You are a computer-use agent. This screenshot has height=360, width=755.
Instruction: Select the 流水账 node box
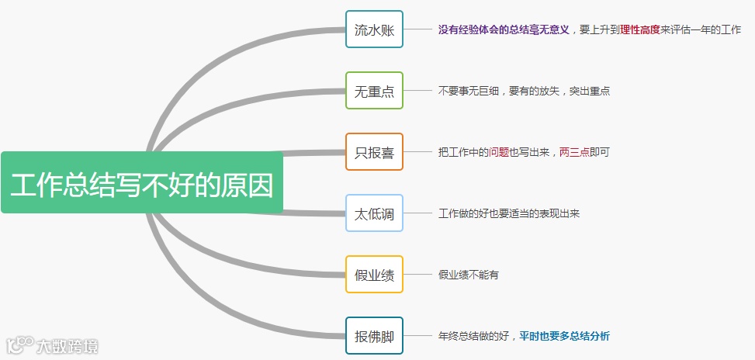point(374,29)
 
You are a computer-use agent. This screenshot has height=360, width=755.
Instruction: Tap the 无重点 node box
point(374,91)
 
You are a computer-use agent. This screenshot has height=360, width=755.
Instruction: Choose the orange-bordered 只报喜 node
point(374,152)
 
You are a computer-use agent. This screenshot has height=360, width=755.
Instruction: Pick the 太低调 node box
point(374,213)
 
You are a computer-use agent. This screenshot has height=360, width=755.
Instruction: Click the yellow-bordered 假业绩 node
point(374,275)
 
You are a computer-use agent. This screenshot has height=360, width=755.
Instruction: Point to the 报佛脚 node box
point(374,336)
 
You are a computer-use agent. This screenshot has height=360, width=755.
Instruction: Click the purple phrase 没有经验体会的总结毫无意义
point(504,29)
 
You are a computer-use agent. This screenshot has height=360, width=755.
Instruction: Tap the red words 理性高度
point(640,29)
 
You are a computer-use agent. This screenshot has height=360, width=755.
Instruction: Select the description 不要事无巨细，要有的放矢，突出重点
point(524,91)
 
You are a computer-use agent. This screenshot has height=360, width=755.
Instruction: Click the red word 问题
point(499,152)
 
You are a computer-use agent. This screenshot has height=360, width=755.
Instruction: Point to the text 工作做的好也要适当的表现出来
point(508,213)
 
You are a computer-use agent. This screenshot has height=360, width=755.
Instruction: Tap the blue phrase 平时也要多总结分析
point(564,336)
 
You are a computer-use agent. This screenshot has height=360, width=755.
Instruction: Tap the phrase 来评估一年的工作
point(701,29)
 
